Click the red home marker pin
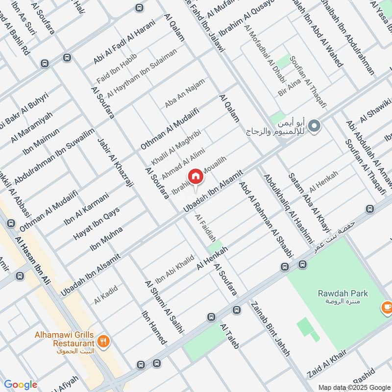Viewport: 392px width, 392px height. point(195,176)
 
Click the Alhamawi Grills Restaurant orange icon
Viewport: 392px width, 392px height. point(103,342)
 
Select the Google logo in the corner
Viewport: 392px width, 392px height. point(21,385)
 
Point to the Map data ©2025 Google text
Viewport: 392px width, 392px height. point(354,387)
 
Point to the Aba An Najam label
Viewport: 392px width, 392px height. point(184,93)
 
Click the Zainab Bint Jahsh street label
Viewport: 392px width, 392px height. point(270,329)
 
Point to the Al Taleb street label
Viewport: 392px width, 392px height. point(230,337)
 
